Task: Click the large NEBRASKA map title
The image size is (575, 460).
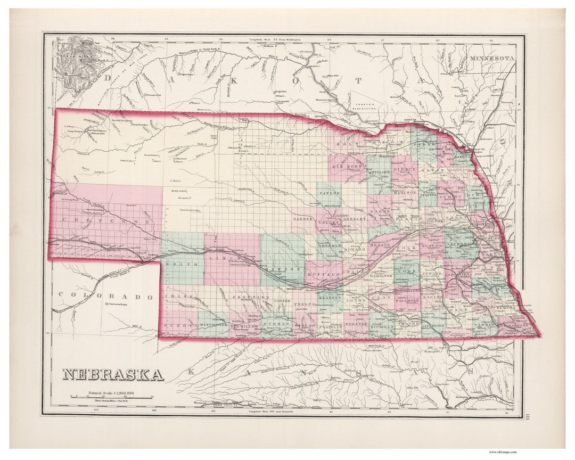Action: click(113, 375)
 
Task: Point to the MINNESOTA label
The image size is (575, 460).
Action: click(491, 57)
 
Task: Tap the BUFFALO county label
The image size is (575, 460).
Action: click(324, 275)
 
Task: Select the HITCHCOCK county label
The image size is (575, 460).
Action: click(213, 324)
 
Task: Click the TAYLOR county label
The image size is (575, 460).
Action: click(330, 193)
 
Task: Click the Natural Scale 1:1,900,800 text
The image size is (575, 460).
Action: click(108, 392)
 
